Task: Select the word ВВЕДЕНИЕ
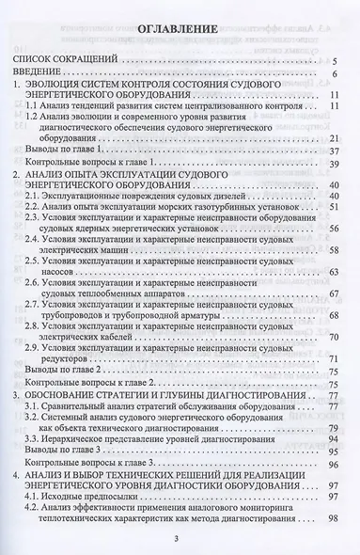point(47,72)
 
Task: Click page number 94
point(334,473)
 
